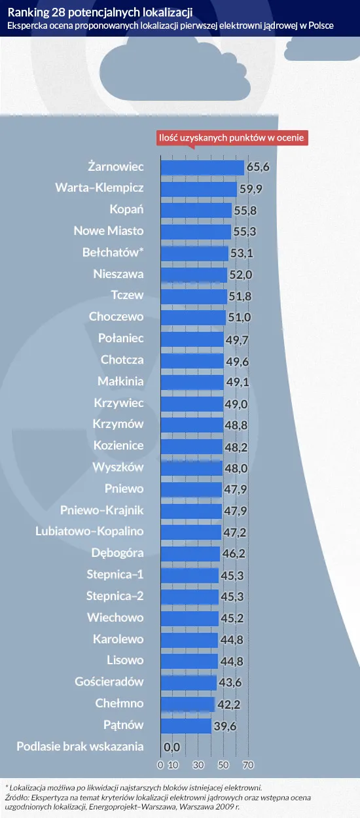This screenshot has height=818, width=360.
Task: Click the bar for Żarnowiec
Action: point(202,167)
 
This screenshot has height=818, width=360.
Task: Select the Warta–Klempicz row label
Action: point(99,188)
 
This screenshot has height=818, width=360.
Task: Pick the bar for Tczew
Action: point(193,296)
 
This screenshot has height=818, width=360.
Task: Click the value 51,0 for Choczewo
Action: point(241,317)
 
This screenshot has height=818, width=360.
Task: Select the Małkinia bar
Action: point(191,382)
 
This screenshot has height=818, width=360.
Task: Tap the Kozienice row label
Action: point(118,446)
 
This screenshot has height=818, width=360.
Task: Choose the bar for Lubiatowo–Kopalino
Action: point(190,532)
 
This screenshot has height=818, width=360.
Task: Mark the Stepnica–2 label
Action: point(115,596)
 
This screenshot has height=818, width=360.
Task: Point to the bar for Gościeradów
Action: point(188,683)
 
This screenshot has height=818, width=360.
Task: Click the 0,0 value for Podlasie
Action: point(171,747)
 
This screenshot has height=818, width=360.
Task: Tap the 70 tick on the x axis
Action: point(248,764)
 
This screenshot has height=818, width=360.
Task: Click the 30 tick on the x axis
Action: point(198,764)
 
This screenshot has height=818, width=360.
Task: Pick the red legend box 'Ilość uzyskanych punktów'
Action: point(232,138)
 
